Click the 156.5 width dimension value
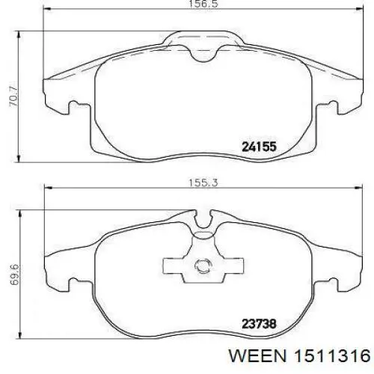pyautogui.click(x=203, y=4)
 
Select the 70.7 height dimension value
pyautogui.click(x=13, y=96)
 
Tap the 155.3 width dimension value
pyautogui.click(x=203, y=183)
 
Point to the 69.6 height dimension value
pyautogui.click(x=15, y=275)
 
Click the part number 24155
pyautogui.click(x=260, y=147)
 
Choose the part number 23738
pyautogui.click(x=260, y=324)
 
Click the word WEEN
pyautogui.click(x=257, y=356)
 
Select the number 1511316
pyautogui.click(x=332, y=356)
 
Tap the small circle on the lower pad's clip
pyautogui.click(x=203, y=266)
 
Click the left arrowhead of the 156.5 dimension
pyautogui.click(x=47, y=9)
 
